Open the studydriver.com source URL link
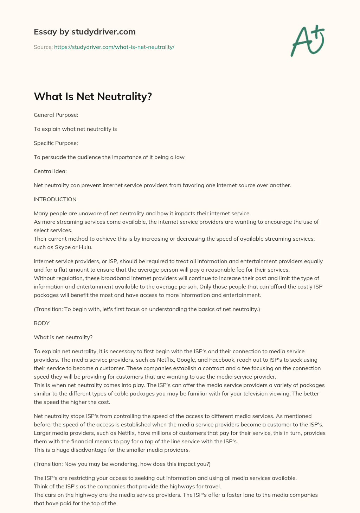click(x=114, y=47)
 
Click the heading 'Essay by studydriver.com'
click(x=85, y=32)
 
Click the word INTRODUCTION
click(x=55, y=199)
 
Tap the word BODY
click(x=41, y=323)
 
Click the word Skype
click(x=62, y=247)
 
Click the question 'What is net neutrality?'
click(x=63, y=337)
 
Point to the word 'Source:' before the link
click(x=43, y=47)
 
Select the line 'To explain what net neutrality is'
click(x=75, y=129)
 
